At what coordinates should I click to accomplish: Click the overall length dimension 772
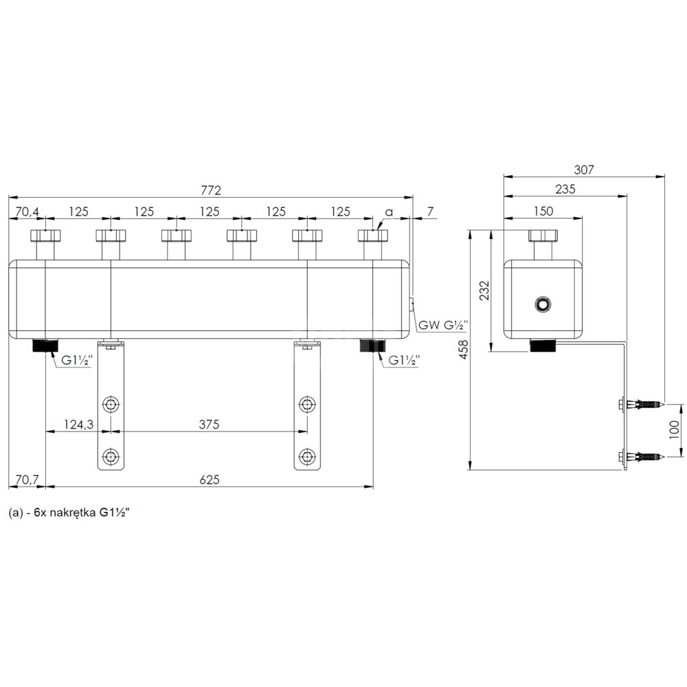point(211,190)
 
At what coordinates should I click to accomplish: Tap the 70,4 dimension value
point(27,212)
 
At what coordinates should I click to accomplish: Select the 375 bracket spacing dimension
point(209,424)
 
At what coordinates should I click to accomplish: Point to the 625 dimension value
point(210,480)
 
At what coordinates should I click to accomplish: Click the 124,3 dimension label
point(79,424)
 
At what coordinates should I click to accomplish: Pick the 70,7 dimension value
point(27,480)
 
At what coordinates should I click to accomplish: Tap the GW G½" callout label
point(443,325)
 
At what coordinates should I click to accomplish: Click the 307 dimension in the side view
point(584,170)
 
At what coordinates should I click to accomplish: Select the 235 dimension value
point(565,189)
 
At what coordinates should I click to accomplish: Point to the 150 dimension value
point(543,211)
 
